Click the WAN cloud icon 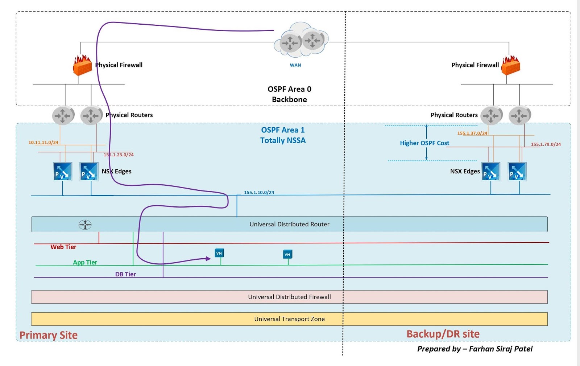pyautogui.click(x=301, y=41)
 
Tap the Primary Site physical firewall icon pyautogui.click(x=82, y=65)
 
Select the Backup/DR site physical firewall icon pyautogui.click(x=510, y=65)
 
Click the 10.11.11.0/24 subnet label pyautogui.click(x=43, y=143)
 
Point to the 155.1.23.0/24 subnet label pyautogui.click(x=119, y=155)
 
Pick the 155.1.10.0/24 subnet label pyautogui.click(x=259, y=192)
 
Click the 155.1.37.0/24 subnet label pyautogui.click(x=472, y=133)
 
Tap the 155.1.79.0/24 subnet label pyautogui.click(x=546, y=144)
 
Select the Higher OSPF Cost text pyautogui.click(x=424, y=143)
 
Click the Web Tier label pyautogui.click(x=63, y=247)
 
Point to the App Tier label pyautogui.click(x=85, y=262)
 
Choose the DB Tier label pyautogui.click(x=125, y=274)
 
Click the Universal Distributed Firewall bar pyautogui.click(x=289, y=297)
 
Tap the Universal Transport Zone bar pyautogui.click(x=289, y=319)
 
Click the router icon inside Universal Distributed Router pyautogui.click(x=85, y=225)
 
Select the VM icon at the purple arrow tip pyautogui.click(x=219, y=253)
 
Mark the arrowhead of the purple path pyautogui.click(x=208, y=259)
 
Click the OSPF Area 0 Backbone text pyautogui.click(x=289, y=94)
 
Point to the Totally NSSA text pyautogui.click(x=283, y=140)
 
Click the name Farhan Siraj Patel pyautogui.click(x=501, y=349)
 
